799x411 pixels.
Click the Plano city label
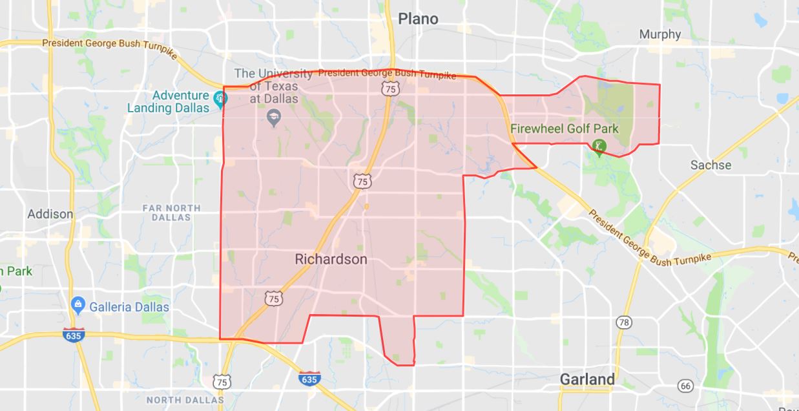click(x=418, y=19)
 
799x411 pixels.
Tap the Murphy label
click(x=659, y=34)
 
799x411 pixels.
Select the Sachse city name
click(x=711, y=165)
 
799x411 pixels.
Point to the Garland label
click(x=587, y=379)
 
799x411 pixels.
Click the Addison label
click(x=50, y=214)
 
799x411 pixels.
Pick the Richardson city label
click(x=331, y=259)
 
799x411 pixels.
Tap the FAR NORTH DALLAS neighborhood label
click(x=171, y=213)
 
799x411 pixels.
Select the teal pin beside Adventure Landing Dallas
click(x=220, y=99)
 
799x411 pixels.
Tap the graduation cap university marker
click(x=274, y=118)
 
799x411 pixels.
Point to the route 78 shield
click(x=623, y=322)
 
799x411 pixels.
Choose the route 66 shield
click(x=686, y=386)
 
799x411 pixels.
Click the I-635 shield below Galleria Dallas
click(x=73, y=335)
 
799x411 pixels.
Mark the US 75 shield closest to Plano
click(x=389, y=89)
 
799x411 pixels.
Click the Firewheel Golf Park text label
click(x=564, y=129)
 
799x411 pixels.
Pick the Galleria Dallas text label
click(x=129, y=307)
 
